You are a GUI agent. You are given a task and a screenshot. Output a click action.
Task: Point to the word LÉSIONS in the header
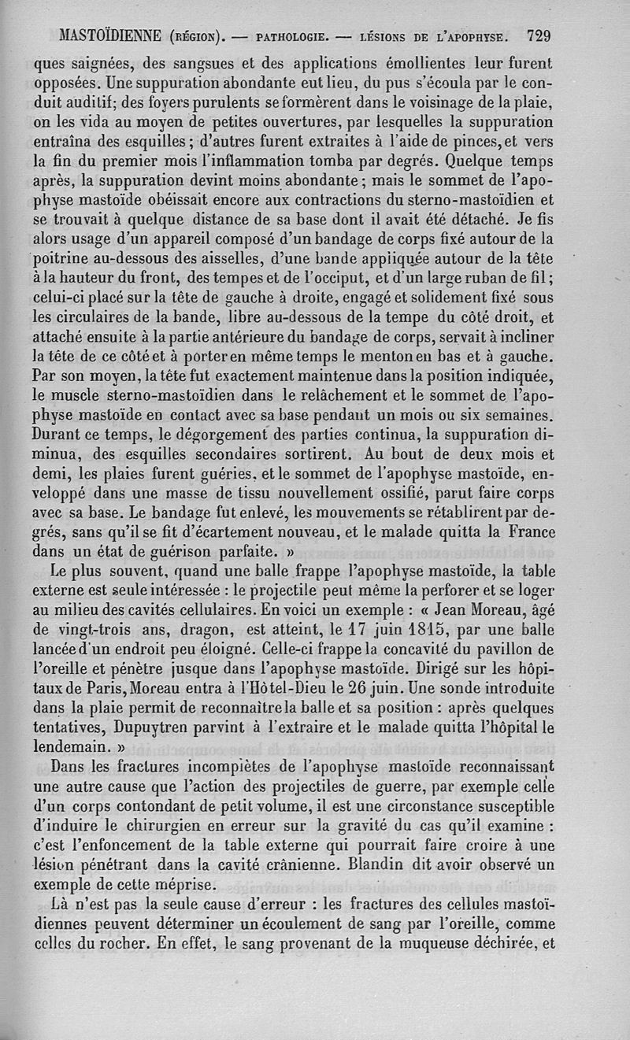386,36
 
